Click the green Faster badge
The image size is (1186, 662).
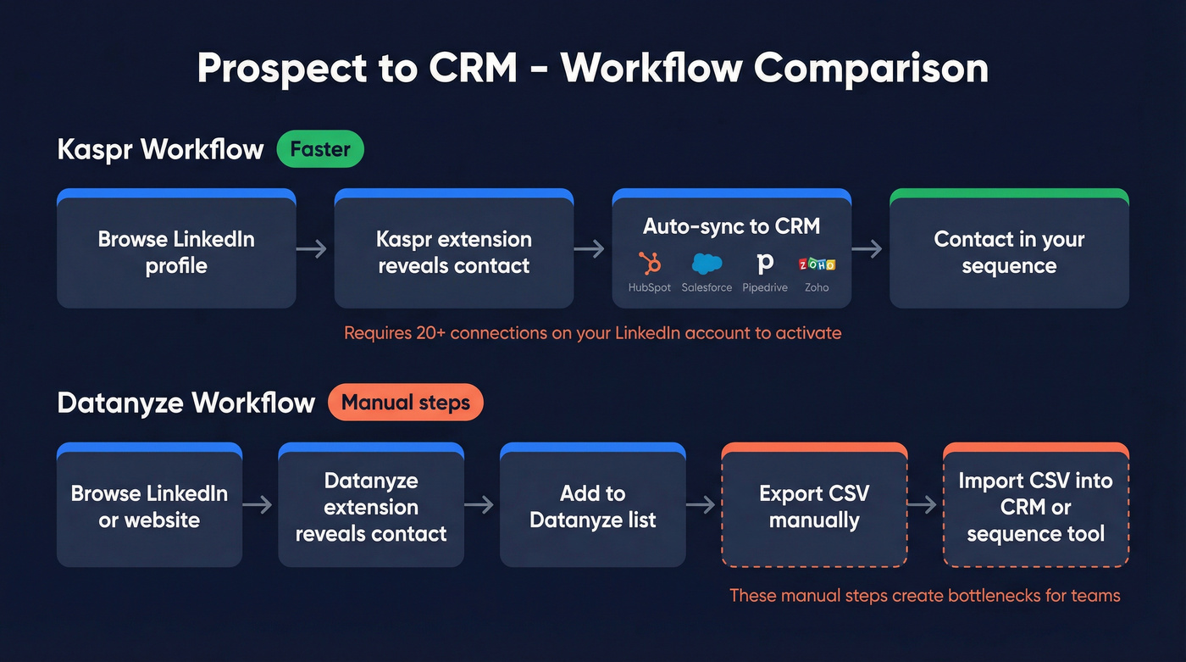click(320, 149)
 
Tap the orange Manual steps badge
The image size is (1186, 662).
click(405, 403)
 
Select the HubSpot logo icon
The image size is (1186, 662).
click(650, 264)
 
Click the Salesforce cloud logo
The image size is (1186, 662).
click(707, 264)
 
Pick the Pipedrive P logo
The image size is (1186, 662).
click(765, 264)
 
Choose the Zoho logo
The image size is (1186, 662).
click(817, 264)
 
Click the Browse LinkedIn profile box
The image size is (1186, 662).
click(176, 252)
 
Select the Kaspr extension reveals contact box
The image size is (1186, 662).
click(453, 252)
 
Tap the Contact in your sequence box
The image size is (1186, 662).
click(1009, 252)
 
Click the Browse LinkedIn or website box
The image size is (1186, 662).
click(149, 506)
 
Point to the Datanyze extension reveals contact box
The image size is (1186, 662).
click(371, 506)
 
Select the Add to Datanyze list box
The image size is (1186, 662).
click(592, 506)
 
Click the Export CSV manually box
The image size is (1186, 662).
click(814, 506)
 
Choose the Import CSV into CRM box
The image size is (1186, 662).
click(1035, 506)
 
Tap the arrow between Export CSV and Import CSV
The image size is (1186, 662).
click(924, 504)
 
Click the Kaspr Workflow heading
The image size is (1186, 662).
click(161, 149)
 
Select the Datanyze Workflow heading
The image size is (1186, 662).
click(186, 403)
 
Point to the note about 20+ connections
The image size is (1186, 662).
click(592, 333)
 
